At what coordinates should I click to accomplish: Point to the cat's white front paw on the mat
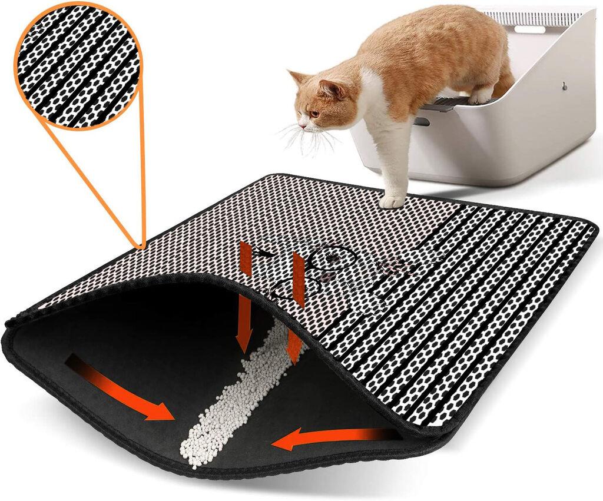[x=392, y=201]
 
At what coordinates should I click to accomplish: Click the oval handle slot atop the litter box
[x=529, y=28]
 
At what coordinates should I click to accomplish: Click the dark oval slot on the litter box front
[x=422, y=121]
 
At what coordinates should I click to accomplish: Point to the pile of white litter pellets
[x=230, y=400]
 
